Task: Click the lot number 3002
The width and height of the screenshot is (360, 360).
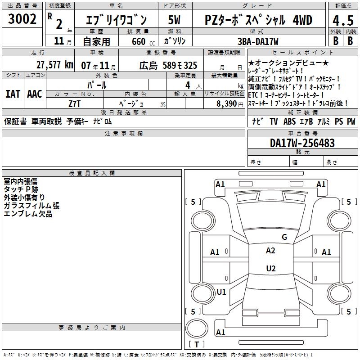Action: pos(22,19)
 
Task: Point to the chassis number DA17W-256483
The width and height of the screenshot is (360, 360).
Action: pos(302,143)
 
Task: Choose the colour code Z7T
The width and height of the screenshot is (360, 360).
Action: pos(75,104)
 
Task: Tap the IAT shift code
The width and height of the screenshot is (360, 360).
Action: pos(13,94)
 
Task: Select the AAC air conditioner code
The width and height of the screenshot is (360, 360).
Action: pos(35,94)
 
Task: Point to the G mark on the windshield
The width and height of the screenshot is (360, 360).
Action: pos(284,237)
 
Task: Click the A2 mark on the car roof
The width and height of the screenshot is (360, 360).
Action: pos(270,251)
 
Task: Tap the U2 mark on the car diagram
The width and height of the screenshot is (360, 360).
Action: pos(270,269)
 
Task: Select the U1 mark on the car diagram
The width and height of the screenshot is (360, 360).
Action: pos(221,292)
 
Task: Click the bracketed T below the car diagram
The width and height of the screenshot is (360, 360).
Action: pos(196,345)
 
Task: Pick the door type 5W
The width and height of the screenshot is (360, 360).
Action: pos(175,20)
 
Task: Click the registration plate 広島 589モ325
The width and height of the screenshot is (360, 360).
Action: pos(168,65)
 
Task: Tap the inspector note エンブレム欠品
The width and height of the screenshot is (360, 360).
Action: pos(28,214)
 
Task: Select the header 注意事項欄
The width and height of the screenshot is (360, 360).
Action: pos(123,134)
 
